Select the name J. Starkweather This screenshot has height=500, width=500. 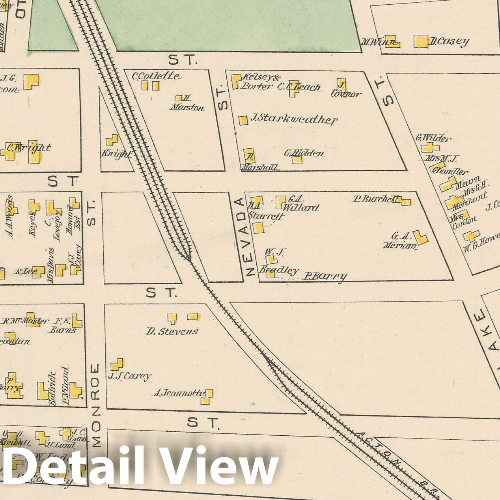click(294, 119)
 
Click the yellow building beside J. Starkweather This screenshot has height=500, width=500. click(243, 120)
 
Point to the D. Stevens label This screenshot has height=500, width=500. click(172, 332)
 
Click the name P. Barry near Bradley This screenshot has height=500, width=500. click(325, 276)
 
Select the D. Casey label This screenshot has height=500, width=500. click(450, 41)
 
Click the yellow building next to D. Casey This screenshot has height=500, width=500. click(421, 41)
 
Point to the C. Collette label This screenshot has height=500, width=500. click(156, 76)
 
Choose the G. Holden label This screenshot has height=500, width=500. click(304, 153)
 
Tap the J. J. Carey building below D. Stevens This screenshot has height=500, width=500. click(117, 364)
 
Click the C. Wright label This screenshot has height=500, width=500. click(30, 148)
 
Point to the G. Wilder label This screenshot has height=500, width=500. click(433, 138)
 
